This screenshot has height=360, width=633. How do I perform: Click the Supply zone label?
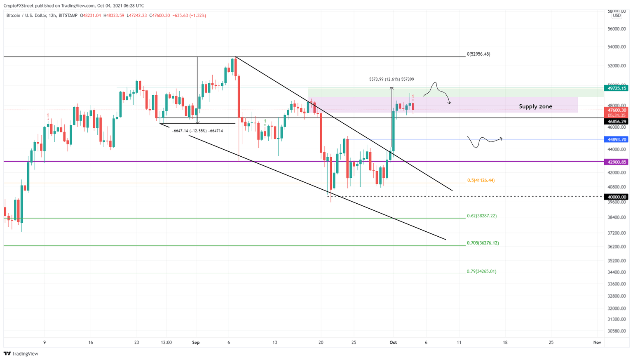coord(535,106)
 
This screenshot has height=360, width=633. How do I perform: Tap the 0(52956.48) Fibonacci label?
coord(478,54)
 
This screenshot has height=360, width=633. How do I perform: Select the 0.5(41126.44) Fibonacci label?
coord(481,180)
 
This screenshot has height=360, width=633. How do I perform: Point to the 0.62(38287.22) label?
coord(481,216)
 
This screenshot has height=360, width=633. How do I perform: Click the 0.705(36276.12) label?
coord(482,243)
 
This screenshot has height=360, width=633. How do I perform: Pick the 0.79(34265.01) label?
coord(481,271)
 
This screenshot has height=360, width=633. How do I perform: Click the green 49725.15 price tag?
coord(617,88)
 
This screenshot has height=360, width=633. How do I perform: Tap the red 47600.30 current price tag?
coord(617,110)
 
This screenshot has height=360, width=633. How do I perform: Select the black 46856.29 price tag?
coord(617,122)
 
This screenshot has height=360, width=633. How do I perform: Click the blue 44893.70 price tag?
coord(617,139)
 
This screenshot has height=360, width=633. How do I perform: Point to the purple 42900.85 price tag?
coord(617,162)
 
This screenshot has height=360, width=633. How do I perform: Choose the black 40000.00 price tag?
coord(617,197)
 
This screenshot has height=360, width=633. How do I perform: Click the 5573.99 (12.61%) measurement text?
coord(391,79)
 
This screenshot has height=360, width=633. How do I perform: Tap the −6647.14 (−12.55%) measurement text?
coord(197,131)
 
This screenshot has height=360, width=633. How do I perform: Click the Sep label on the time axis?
coord(196,342)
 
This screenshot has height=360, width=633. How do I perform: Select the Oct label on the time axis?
coord(393,342)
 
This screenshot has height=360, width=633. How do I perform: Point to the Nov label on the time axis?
coord(597,342)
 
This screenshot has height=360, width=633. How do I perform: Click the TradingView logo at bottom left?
coord(21,353)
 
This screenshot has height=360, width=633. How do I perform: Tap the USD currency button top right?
coord(617,16)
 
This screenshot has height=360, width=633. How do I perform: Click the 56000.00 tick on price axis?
coord(617,29)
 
